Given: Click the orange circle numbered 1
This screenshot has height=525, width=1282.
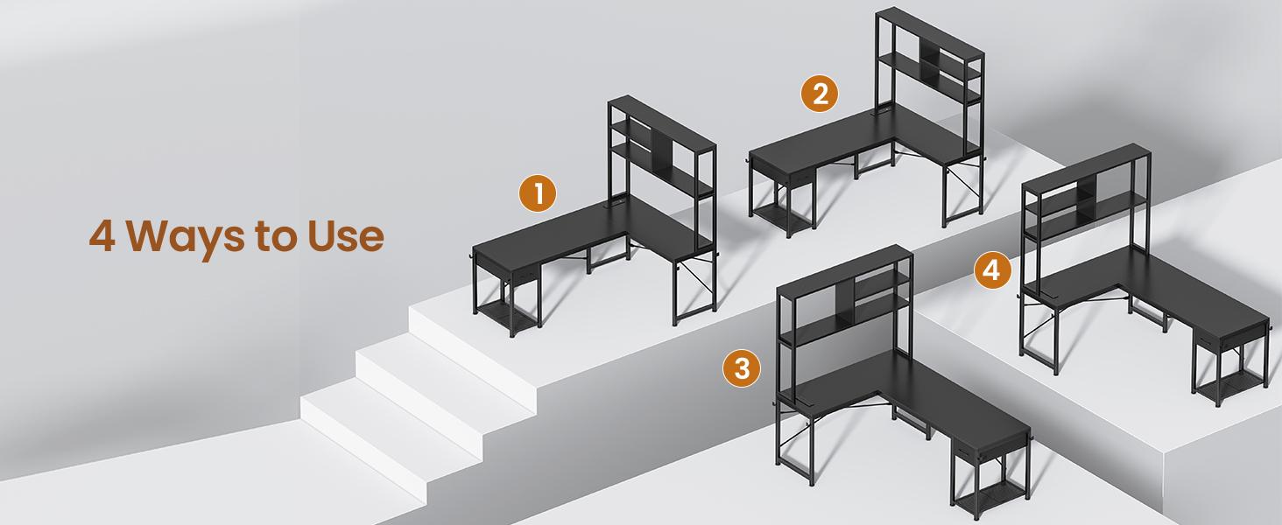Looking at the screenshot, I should (538, 193).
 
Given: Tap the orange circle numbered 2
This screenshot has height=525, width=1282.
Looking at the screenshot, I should (820, 94).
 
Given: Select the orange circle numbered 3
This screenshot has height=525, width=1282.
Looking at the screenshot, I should (742, 368).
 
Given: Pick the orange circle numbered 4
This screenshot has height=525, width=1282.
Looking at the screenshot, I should (991, 271).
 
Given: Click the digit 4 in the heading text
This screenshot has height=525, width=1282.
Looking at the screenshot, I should (102, 236).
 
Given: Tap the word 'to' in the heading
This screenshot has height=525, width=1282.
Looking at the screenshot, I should (272, 237).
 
